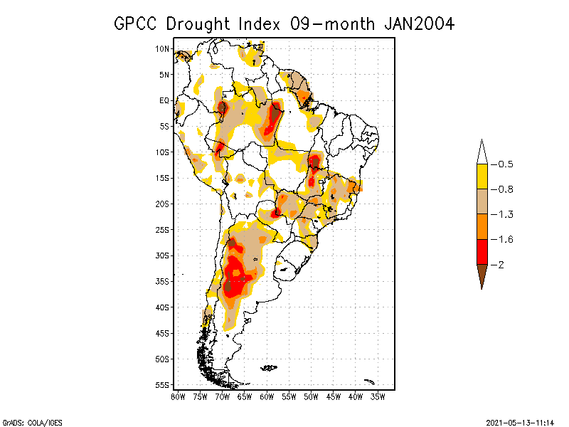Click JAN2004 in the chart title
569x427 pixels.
pos(419,23)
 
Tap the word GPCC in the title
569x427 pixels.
pos(137,23)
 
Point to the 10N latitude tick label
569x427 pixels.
pos(163,48)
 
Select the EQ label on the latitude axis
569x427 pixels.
pos(164,100)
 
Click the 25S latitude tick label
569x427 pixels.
pos(163,229)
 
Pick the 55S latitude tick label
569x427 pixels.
pos(163,384)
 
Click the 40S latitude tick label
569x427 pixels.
pos(163,307)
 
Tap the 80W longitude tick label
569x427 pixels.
pos(178,396)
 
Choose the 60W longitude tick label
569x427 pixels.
pos(267,396)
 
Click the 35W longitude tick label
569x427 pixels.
pos(378,396)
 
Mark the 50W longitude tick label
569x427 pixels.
pos(312,396)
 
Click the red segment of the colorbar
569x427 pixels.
pos(482,251)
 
